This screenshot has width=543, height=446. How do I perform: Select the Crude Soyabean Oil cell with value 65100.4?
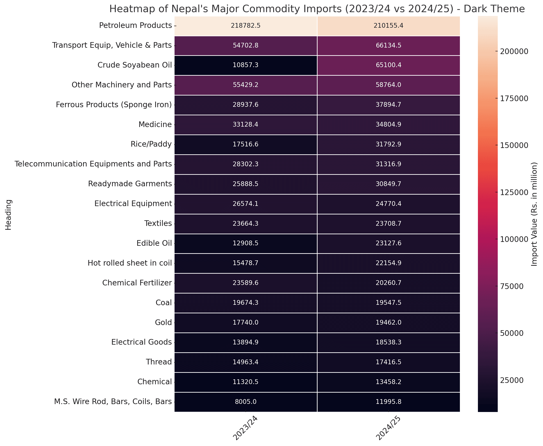tap(388, 65)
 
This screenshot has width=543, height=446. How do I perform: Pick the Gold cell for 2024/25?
tap(388, 322)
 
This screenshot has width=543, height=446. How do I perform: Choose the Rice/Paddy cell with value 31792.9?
tap(388, 144)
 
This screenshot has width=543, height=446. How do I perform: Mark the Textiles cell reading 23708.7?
tap(388, 223)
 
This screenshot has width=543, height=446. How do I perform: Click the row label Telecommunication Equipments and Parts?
tap(93, 164)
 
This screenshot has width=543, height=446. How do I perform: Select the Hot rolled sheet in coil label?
tap(130, 263)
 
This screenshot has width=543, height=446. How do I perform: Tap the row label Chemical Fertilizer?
tap(137, 283)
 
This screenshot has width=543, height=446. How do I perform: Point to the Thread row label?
tap(159, 362)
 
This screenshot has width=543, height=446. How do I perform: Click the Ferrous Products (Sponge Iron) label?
tap(114, 105)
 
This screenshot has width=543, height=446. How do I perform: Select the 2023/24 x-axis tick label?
tap(245, 428)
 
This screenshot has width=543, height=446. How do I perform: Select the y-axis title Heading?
tap(9, 214)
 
